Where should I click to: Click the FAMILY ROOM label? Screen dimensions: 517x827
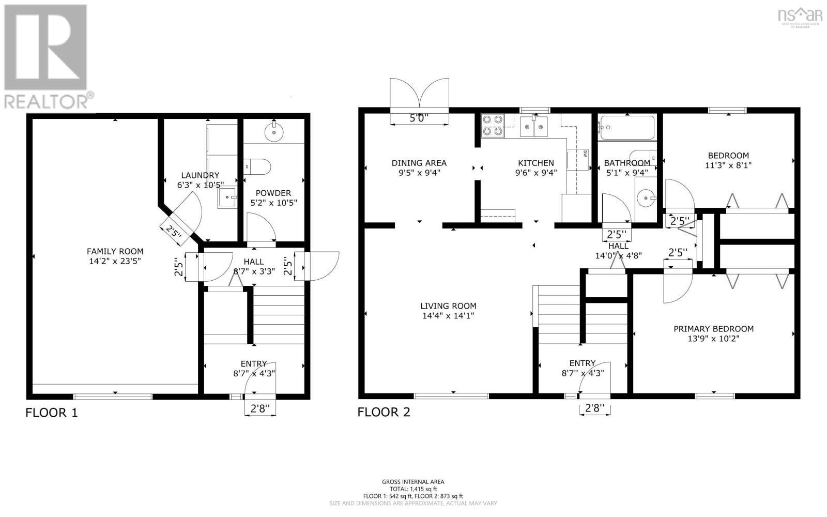pyautogui.click(x=115, y=252)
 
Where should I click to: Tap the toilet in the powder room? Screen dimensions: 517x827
pyautogui.click(x=258, y=166)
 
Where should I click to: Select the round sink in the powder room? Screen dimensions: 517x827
pyautogui.click(x=273, y=132)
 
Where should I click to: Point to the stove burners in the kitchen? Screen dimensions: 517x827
pyautogui.click(x=492, y=125)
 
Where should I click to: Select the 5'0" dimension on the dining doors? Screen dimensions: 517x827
pyautogui.click(x=419, y=118)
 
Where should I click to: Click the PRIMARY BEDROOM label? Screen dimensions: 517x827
pyautogui.click(x=713, y=329)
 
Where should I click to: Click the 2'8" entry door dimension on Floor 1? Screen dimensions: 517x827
pyautogui.click(x=260, y=409)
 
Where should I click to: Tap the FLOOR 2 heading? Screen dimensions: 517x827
pyautogui.click(x=384, y=412)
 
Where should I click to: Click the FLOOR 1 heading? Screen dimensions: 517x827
pyautogui.click(x=52, y=413)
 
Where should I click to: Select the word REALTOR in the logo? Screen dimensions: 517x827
pyautogui.click(x=47, y=101)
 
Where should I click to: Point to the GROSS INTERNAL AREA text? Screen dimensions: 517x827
pyautogui.click(x=413, y=482)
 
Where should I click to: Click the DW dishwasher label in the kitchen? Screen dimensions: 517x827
pyautogui.click(x=586, y=153)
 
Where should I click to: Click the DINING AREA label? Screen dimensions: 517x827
pyautogui.click(x=419, y=163)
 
